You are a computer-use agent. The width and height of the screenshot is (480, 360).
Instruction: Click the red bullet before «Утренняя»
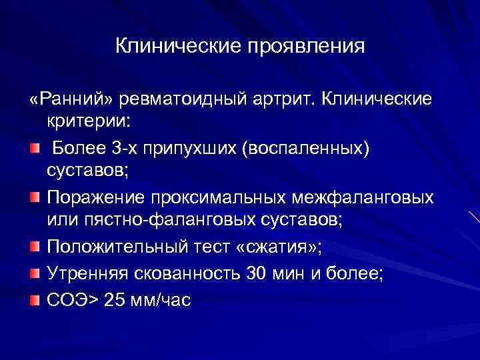tap(34, 273)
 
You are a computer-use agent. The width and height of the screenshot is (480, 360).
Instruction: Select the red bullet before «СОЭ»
tap(34, 299)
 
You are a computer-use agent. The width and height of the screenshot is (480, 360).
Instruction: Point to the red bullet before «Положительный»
tap(34, 247)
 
